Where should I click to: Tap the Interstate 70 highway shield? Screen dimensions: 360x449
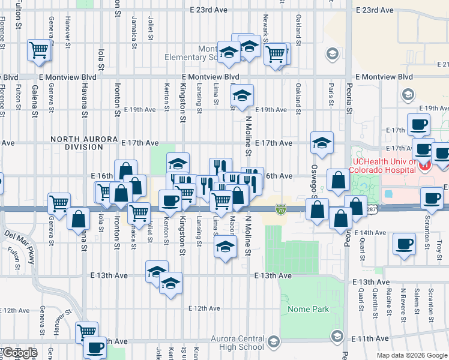point(280,209)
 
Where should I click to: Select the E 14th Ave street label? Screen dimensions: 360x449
point(370,232)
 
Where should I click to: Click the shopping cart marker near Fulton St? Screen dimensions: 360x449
point(39,50)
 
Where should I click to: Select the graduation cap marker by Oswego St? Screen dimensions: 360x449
point(322,143)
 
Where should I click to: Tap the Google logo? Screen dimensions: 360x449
point(20,353)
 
